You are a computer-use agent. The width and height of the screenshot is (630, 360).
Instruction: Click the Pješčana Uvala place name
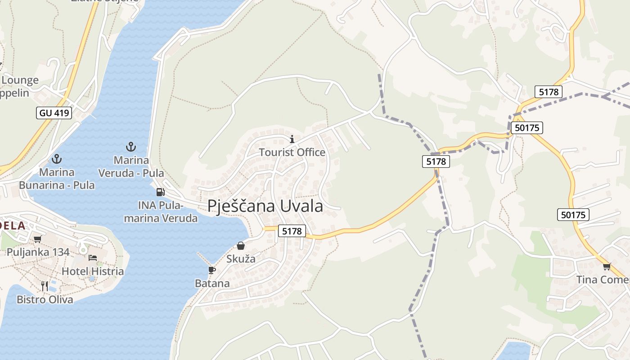tap(265, 206)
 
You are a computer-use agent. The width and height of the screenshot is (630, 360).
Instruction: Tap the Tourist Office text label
tap(292, 153)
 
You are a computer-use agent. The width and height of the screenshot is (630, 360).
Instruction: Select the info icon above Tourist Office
tap(292, 139)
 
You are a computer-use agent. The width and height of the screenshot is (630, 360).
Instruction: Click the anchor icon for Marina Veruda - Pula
tap(130, 147)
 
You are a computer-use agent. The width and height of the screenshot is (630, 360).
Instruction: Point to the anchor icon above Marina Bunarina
tap(57, 159)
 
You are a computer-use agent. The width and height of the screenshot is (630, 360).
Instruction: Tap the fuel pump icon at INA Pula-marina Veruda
tap(160, 192)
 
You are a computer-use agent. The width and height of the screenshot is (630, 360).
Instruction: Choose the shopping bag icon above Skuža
tap(241, 246)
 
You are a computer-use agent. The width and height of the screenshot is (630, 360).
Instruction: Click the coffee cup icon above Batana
tap(212, 270)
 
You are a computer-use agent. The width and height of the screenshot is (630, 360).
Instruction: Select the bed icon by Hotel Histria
tap(93, 258)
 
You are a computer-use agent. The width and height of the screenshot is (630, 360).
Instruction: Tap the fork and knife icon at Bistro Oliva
tap(45, 286)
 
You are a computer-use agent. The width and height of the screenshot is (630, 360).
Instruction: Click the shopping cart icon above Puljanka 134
tap(38, 239)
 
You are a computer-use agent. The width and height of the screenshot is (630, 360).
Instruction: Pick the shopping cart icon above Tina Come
tap(607, 266)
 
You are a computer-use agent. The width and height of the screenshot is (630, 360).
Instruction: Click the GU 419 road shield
tap(54, 112)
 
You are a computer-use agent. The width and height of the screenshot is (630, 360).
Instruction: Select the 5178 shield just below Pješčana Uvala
tap(292, 231)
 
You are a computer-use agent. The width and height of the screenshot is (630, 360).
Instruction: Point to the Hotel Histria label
tap(93, 271)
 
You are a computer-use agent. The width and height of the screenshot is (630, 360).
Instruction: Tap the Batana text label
tap(212, 283)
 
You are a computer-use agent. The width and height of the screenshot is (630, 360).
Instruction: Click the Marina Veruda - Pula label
tap(131, 166)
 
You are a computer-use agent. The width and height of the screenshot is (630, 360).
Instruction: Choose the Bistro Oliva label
tap(45, 300)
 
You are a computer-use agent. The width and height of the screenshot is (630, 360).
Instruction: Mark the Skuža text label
tap(241, 259)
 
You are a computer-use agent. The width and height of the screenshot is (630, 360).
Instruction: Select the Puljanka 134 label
tap(38, 252)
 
